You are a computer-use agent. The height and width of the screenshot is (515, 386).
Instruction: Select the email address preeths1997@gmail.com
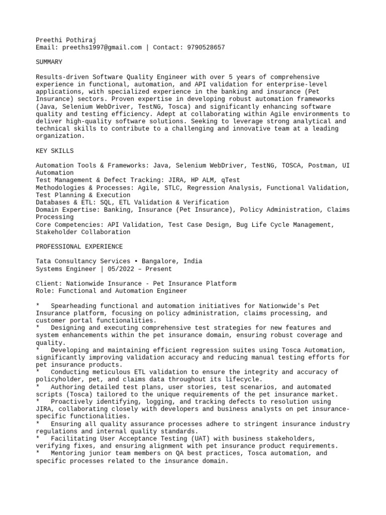[102, 47]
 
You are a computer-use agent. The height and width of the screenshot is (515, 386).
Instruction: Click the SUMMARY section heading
[49, 62]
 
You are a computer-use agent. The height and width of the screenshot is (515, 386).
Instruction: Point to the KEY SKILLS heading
[55, 151]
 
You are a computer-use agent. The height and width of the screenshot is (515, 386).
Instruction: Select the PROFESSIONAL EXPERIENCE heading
[79, 247]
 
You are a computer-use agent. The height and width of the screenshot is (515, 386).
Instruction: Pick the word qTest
[230, 180]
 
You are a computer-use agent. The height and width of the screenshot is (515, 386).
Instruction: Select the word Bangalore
[160, 262]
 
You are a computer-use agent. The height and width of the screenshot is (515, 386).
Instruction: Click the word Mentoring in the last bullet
[68, 453]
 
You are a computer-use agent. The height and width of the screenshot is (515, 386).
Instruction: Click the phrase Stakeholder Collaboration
[83, 232]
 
